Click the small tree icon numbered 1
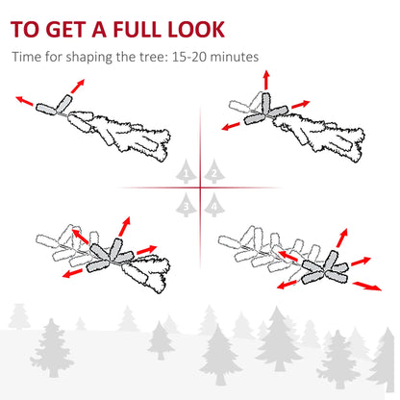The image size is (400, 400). pyautogui.click(x=187, y=173)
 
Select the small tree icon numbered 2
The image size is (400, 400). pyautogui.click(x=213, y=173)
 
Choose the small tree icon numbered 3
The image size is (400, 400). pyautogui.click(x=187, y=203)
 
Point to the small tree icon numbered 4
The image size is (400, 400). pyautogui.click(x=213, y=203)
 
